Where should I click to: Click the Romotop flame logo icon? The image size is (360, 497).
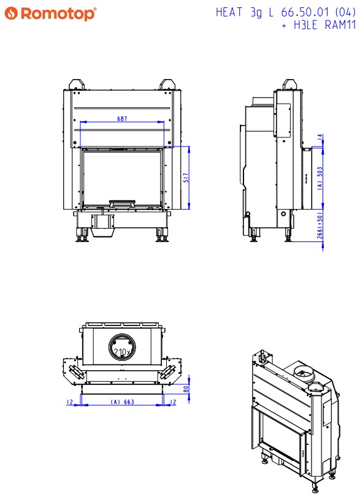tap(11, 13)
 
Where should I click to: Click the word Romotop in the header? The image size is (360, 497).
tap(58, 13)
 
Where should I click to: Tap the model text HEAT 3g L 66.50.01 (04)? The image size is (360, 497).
tap(286, 12)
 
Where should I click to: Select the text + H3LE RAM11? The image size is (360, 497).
tap(319, 25)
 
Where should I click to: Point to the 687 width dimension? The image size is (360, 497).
tap(122, 119)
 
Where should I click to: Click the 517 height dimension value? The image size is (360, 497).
tap(186, 178)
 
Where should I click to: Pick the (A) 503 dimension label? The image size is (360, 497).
tap(320, 178)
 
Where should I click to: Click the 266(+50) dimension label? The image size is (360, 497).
tap(320, 225)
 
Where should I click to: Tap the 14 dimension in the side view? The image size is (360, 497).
tap(320, 137)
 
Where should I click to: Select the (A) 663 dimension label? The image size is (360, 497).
tap(123, 402)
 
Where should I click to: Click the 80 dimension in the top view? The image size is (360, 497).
tap(186, 389)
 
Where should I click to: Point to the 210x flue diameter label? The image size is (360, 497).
tap(122, 352)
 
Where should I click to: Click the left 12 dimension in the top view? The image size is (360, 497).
tap(70, 402)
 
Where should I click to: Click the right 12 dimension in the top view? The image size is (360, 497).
tap(173, 402)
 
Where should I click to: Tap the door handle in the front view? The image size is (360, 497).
tap(123, 203)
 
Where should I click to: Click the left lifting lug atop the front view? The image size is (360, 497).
tap(77, 85)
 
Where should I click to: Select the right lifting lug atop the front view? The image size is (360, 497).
tap(167, 85)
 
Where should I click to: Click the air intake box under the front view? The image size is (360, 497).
tap(102, 226)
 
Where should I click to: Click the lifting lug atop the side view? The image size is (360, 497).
tap(289, 85)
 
